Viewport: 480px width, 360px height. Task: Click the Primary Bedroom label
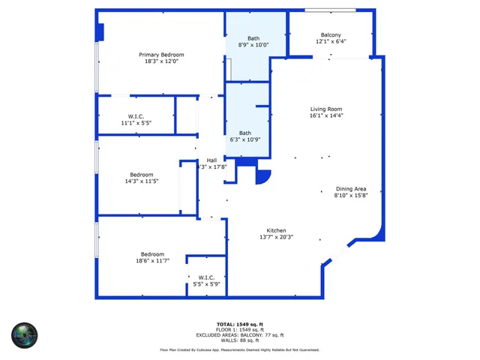(x=161, y=55)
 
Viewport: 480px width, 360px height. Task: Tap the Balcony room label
(x=331, y=35)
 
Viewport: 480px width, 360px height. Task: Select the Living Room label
(x=326, y=109)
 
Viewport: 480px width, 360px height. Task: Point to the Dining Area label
(x=350, y=188)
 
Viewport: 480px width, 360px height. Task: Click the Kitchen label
(x=276, y=230)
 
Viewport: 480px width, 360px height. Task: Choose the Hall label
(x=212, y=160)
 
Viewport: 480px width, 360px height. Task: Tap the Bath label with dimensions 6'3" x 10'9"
(x=245, y=133)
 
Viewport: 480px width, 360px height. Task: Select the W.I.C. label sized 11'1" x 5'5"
(x=136, y=116)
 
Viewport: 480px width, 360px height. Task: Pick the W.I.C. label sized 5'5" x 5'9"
(x=207, y=277)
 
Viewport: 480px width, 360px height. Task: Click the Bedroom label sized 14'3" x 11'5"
(x=141, y=175)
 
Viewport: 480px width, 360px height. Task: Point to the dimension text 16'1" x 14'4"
(x=326, y=116)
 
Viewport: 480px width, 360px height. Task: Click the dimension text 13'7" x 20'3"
(x=276, y=238)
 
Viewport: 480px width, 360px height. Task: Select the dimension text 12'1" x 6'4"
(x=331, y=43)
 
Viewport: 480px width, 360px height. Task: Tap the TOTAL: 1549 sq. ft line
(x=239, y=324)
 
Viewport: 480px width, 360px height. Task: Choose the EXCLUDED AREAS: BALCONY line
(x=239, y=335)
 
